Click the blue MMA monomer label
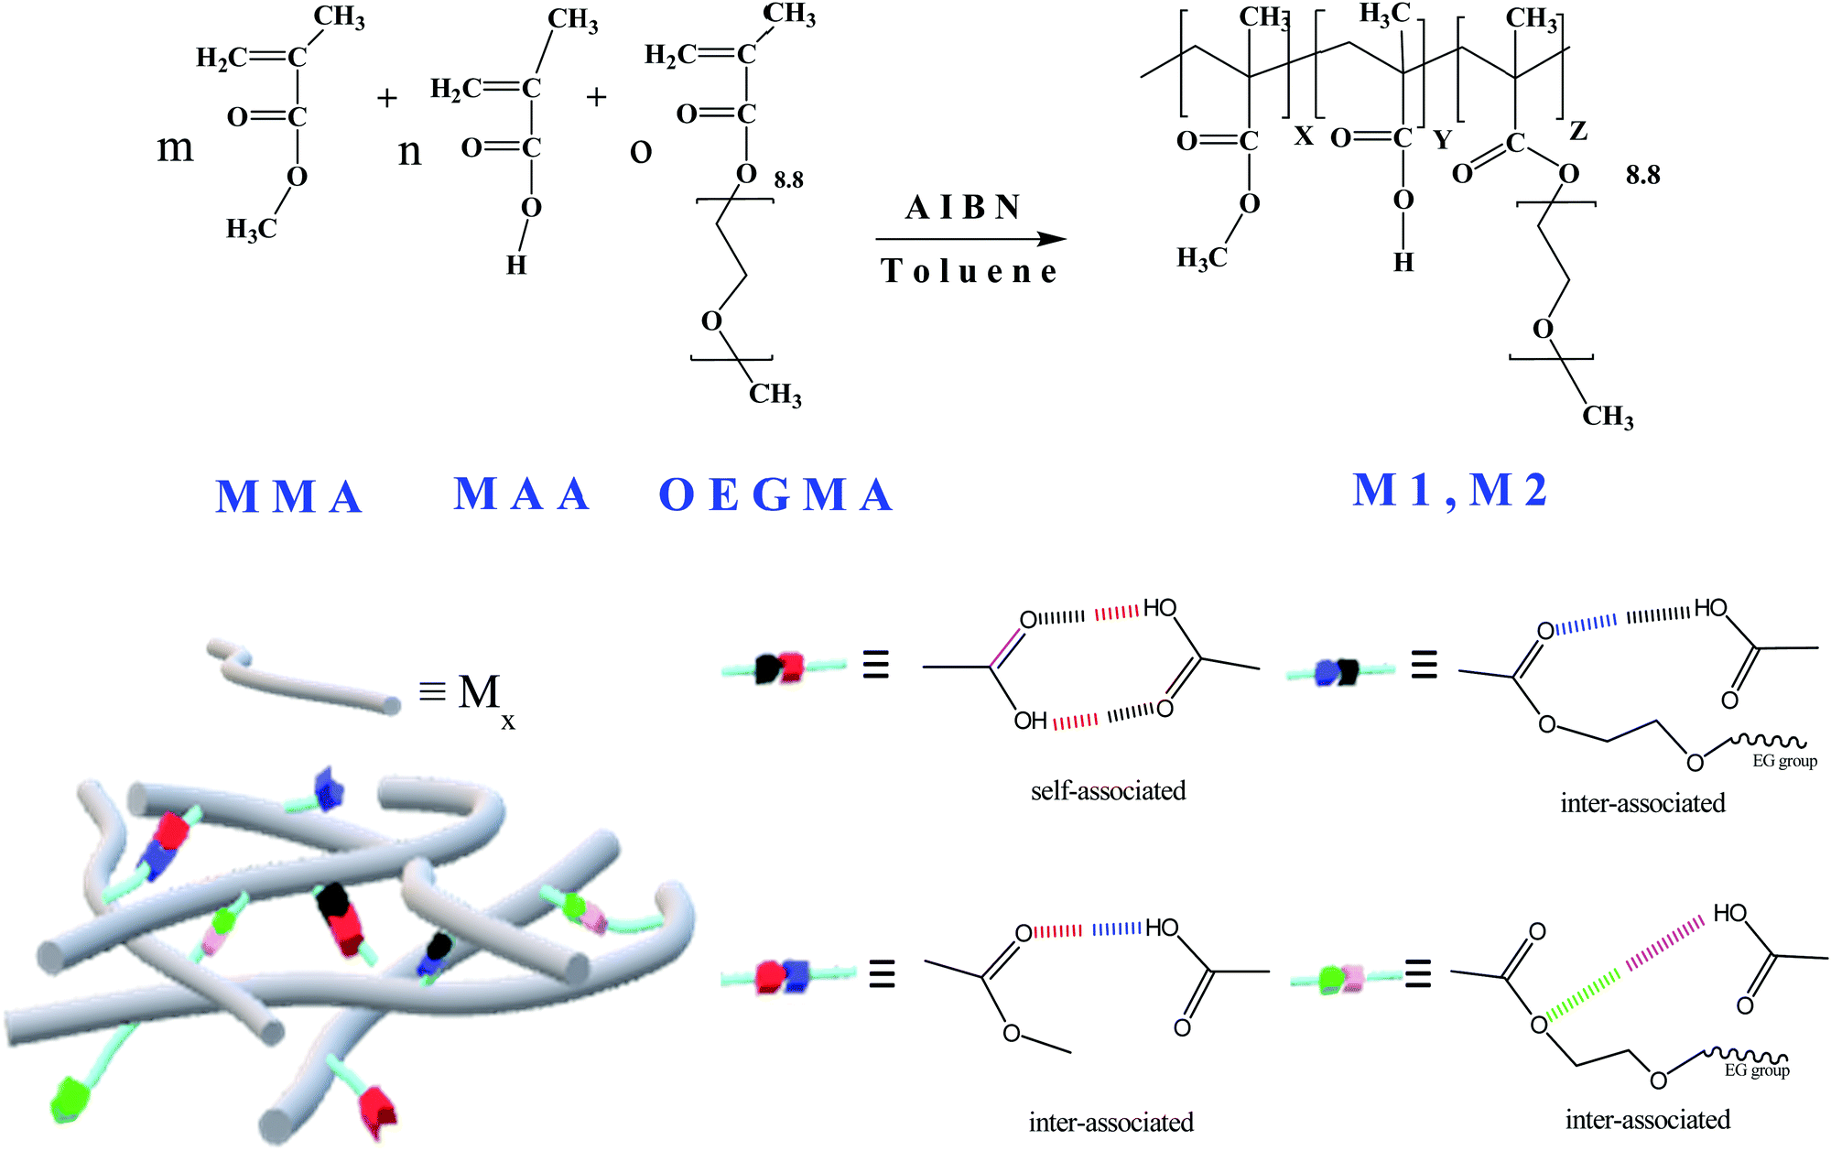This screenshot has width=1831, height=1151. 289,496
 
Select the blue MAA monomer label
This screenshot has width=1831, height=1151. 521,494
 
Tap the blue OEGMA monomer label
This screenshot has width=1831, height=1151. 775,495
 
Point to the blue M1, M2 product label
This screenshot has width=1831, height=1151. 1449,490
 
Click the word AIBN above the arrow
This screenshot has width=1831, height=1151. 963,208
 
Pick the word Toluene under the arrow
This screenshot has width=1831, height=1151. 969,271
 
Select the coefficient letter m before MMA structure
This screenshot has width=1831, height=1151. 175,147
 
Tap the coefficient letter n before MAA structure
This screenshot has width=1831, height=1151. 410,151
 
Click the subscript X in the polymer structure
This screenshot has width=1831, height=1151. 1304,136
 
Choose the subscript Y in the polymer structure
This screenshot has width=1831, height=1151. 1442,140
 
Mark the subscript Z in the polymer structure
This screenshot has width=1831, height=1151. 1577,131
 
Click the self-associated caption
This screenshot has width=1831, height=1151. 1108,790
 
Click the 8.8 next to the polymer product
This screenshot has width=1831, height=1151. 1642,175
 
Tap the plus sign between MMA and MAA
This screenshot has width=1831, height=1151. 387,97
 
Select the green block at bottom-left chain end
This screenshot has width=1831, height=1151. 71,1099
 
